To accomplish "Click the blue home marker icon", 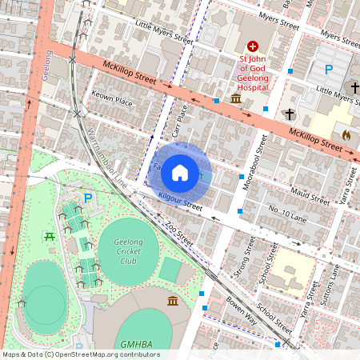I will [x=180, y=171].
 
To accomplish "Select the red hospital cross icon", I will [x=253, y=47].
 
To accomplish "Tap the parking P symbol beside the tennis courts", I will [x=88, y=198].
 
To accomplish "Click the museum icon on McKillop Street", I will [x=237, y=98].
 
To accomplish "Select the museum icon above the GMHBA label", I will [x=173, y=300].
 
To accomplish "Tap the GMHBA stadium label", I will [x=137, y=344].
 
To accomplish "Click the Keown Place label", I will [x=111, y=102].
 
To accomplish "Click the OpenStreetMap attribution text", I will [x=81, y=354].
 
